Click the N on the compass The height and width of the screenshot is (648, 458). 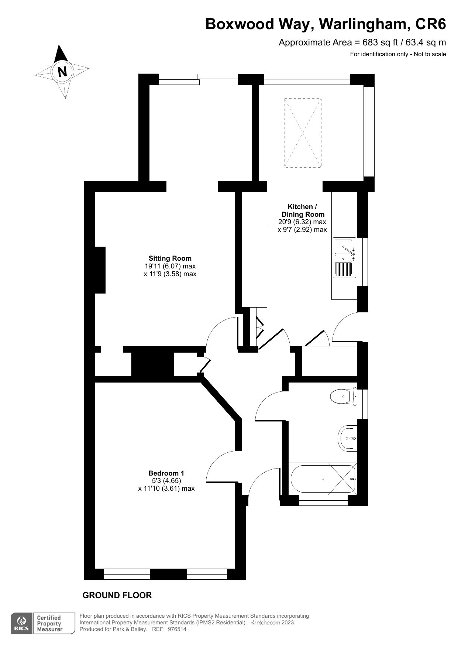pos(62,71)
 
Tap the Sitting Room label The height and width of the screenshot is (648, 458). pos(170,258)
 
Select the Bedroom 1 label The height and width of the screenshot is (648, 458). pos(166,473)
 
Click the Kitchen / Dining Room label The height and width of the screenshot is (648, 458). pos(303,210)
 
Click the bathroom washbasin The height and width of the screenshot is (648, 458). pos(347,438)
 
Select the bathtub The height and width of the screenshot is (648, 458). pos(323,479)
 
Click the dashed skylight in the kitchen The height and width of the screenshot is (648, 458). pos(303,133)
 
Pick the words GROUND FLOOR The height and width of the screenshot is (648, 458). pos(117,595)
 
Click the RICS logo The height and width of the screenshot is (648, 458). pos(22,624)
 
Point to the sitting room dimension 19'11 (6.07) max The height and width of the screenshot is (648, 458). pos(170,266)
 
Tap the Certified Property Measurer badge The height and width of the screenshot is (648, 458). pos(50,624)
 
